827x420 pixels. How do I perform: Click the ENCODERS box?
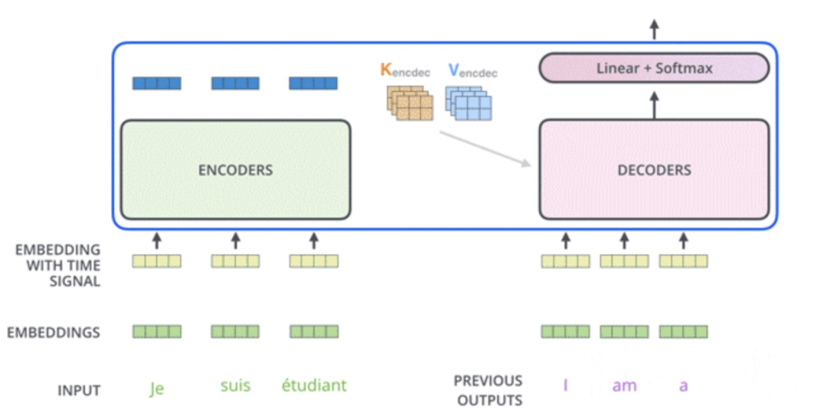click(235, 169)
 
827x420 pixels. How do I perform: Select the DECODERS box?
click(654, 169)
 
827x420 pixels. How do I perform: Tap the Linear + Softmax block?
click(654, 68)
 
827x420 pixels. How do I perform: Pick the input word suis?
click(235, 385)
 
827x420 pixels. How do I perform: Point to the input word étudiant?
click(314, 385)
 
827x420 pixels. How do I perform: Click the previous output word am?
click(624, 386)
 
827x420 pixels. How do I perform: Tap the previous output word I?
click(565, 386)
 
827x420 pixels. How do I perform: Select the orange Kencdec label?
click(405, 71)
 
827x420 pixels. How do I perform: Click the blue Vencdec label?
click(472, 71)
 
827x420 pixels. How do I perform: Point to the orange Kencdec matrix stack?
click(409, 103)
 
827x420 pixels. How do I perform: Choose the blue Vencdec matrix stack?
click(469, 103)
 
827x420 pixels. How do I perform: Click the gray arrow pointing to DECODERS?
click(485, 147)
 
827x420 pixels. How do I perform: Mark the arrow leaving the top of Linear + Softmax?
click(654, 31)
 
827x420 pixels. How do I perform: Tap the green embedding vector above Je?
click(157, 332)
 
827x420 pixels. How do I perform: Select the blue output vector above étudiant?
click(313, 83)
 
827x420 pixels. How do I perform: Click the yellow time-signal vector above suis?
click(235, 261)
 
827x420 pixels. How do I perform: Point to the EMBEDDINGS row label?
click(54, 333)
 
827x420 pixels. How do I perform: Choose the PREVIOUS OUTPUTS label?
click(488, 390)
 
